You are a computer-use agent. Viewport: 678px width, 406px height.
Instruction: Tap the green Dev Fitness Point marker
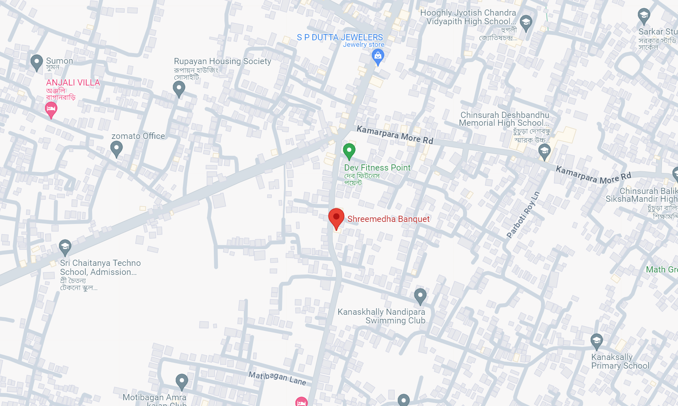click(349, 151)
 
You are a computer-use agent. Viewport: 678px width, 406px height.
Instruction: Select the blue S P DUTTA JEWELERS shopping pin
click(378, 56)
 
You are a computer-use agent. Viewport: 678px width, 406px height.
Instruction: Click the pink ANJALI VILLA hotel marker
click(51, 109)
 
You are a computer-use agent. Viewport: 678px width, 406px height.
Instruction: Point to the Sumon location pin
click(37, 62)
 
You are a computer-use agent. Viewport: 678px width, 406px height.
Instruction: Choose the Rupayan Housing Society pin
click(179, 88)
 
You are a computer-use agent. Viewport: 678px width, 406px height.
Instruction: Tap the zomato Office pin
click(116, 148)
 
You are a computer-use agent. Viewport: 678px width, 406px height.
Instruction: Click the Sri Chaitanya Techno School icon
click(65, 247)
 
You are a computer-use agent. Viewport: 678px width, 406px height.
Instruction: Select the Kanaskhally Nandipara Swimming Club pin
click(420, 295)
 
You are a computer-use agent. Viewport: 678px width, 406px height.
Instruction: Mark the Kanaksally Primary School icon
click(596, 341)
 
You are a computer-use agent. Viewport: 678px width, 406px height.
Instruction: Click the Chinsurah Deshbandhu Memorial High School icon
click(544, 152)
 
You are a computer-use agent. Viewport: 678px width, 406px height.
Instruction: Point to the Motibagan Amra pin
click(182, 381)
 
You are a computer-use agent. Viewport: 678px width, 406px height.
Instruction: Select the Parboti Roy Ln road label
click(523, 215)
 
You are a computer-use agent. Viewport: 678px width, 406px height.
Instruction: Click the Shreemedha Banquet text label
click(388, 219)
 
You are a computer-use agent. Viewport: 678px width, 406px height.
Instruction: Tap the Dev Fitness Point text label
click(377, 168)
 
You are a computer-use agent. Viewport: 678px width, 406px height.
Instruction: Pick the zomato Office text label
click(138, 136)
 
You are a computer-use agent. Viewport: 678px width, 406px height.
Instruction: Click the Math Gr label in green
click(661, 270)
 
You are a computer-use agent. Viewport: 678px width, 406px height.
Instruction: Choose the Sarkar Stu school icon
click(643, 16)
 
